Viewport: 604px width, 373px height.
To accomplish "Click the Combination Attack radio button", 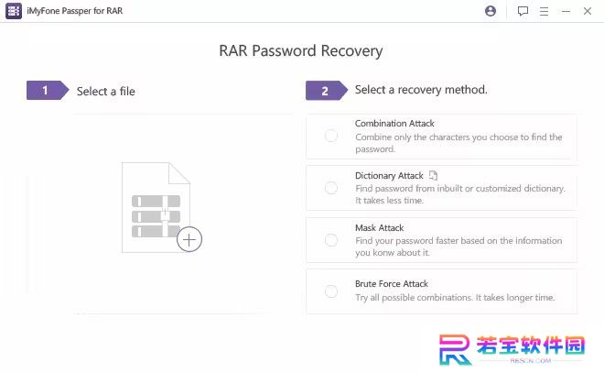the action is [331, 136].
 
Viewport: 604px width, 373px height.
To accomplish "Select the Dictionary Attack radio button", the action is [331, 188].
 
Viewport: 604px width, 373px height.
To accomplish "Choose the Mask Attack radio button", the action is [331, 240].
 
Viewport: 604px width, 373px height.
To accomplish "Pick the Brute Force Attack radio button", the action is [331, 291].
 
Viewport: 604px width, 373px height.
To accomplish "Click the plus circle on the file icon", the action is [189, 239].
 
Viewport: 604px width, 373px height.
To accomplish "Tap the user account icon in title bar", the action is [491, 11].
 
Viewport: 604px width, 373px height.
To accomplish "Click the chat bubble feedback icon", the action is [523, 11].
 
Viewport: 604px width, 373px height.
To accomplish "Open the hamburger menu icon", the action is [544, 11].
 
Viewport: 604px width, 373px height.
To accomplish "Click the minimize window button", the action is [566, 12].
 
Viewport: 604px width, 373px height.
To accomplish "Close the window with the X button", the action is [588, 11].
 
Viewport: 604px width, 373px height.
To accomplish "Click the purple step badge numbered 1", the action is [48, 90].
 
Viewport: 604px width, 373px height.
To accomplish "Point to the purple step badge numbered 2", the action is [327, 91].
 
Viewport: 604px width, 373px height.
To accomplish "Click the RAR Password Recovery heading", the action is [301, 50].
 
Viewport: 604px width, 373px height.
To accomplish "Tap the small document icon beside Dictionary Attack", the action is [434, 175].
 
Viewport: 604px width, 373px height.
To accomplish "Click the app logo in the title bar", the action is [14, 11].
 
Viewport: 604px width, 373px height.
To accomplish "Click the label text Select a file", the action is [106, 92].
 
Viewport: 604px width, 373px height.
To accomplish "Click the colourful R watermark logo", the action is [455, 349].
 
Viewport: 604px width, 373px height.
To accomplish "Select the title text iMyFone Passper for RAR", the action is [75, 11].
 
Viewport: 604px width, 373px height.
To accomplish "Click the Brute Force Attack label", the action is [392, 284].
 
